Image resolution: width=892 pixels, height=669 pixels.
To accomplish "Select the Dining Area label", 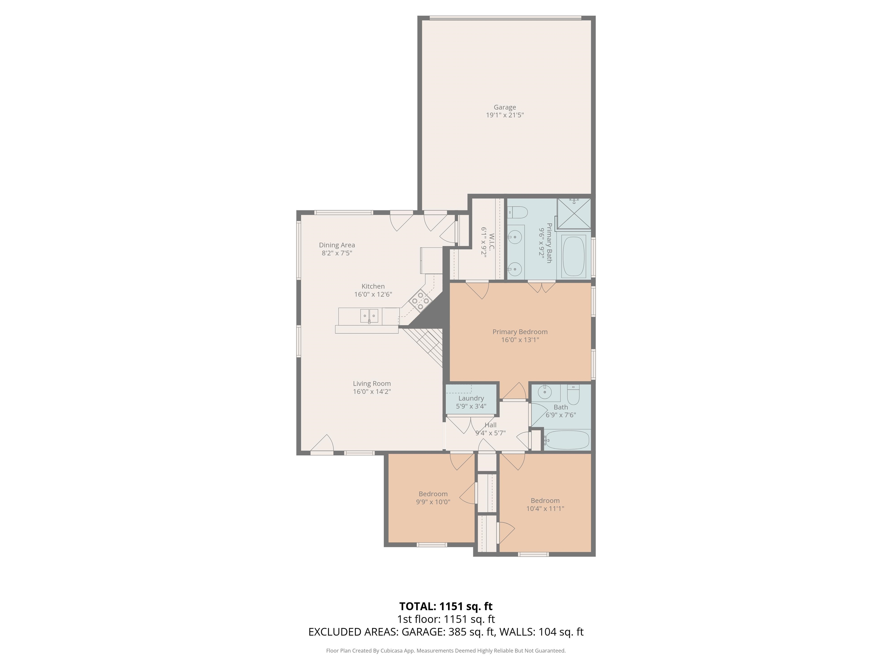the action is tap(337, 245).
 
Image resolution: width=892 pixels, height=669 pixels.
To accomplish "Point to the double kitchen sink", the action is tap(369, 316).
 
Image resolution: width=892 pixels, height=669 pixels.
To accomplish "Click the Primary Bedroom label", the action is tap(520, 332).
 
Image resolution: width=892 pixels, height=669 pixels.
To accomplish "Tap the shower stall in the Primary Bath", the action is tap(573, 214).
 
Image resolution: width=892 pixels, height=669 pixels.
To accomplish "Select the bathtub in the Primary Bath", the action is tap(573, 256).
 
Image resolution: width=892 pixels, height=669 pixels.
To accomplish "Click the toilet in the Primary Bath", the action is tap(517, 212).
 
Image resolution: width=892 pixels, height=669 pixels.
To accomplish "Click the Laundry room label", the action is tap(471, 398).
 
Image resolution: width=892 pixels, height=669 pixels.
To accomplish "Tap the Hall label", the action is tap(490, 425).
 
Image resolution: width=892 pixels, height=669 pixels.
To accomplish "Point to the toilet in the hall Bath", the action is tap(573, 394).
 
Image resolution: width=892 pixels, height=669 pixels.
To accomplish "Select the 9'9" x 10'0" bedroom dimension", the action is tap(433, 502).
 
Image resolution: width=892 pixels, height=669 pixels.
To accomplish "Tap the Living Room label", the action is tap(372, 384).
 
